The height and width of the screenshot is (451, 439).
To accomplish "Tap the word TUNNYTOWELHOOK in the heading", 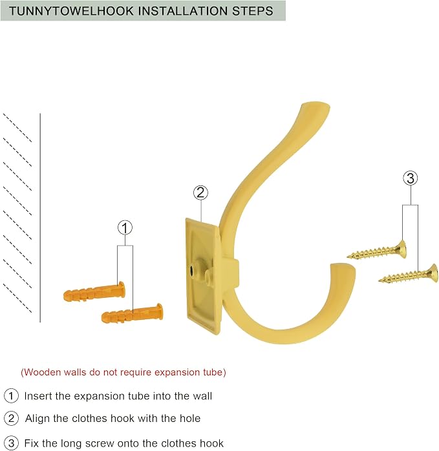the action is coord(71,11).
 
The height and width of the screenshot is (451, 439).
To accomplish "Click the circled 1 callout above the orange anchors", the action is coord(125,228).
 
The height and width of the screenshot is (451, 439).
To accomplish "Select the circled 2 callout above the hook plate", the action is coord(200,193).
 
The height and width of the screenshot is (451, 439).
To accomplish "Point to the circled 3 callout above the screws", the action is coord(411,178).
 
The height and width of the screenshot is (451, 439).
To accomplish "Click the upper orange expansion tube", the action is coord(94,291).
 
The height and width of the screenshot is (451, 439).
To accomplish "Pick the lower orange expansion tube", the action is coord(132,313).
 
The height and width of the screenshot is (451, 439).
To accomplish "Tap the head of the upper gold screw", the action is coord(402,249).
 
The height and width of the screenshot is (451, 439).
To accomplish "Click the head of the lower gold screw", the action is coord(433,273).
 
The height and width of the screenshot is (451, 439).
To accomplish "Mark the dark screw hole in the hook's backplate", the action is coord(191,270).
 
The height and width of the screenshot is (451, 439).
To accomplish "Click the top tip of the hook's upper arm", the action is coord(316,104).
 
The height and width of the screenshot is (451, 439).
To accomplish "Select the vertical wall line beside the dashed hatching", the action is coord(40,218).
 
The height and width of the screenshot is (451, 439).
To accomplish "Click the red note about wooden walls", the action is coord(123,372).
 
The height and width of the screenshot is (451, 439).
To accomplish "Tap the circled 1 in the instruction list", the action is coord(11,396).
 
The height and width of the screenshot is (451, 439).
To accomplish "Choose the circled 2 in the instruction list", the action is coord(11,418).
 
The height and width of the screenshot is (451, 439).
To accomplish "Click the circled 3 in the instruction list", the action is coord(11,443).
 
